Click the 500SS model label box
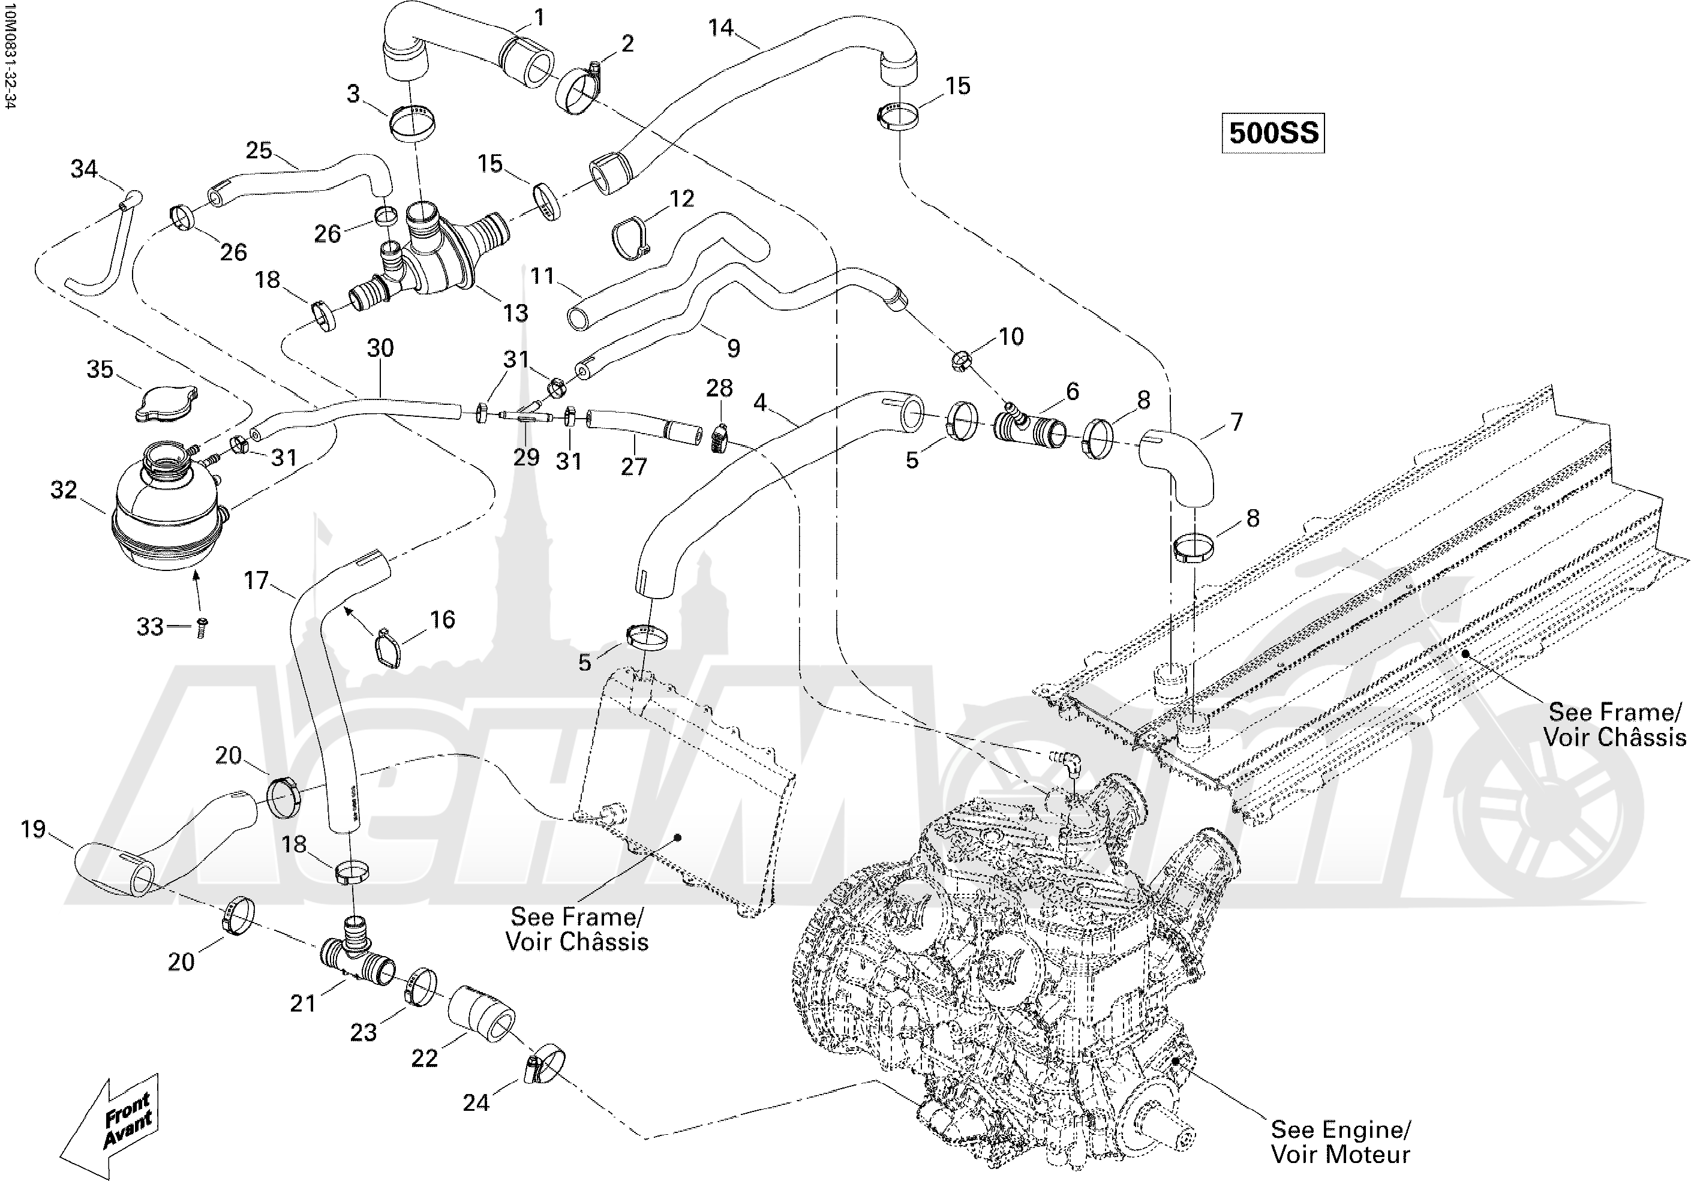click(1273, 133)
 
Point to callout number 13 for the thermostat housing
click(515, 313)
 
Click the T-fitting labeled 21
click(356, 957)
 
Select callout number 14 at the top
click(720, 28)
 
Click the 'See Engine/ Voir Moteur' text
click(1341, 1141)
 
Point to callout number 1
click(539, 17)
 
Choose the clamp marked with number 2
click(584, 88)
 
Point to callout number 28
click(720, 388)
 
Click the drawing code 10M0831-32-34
click(9, 55)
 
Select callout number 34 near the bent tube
click(84, 169)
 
